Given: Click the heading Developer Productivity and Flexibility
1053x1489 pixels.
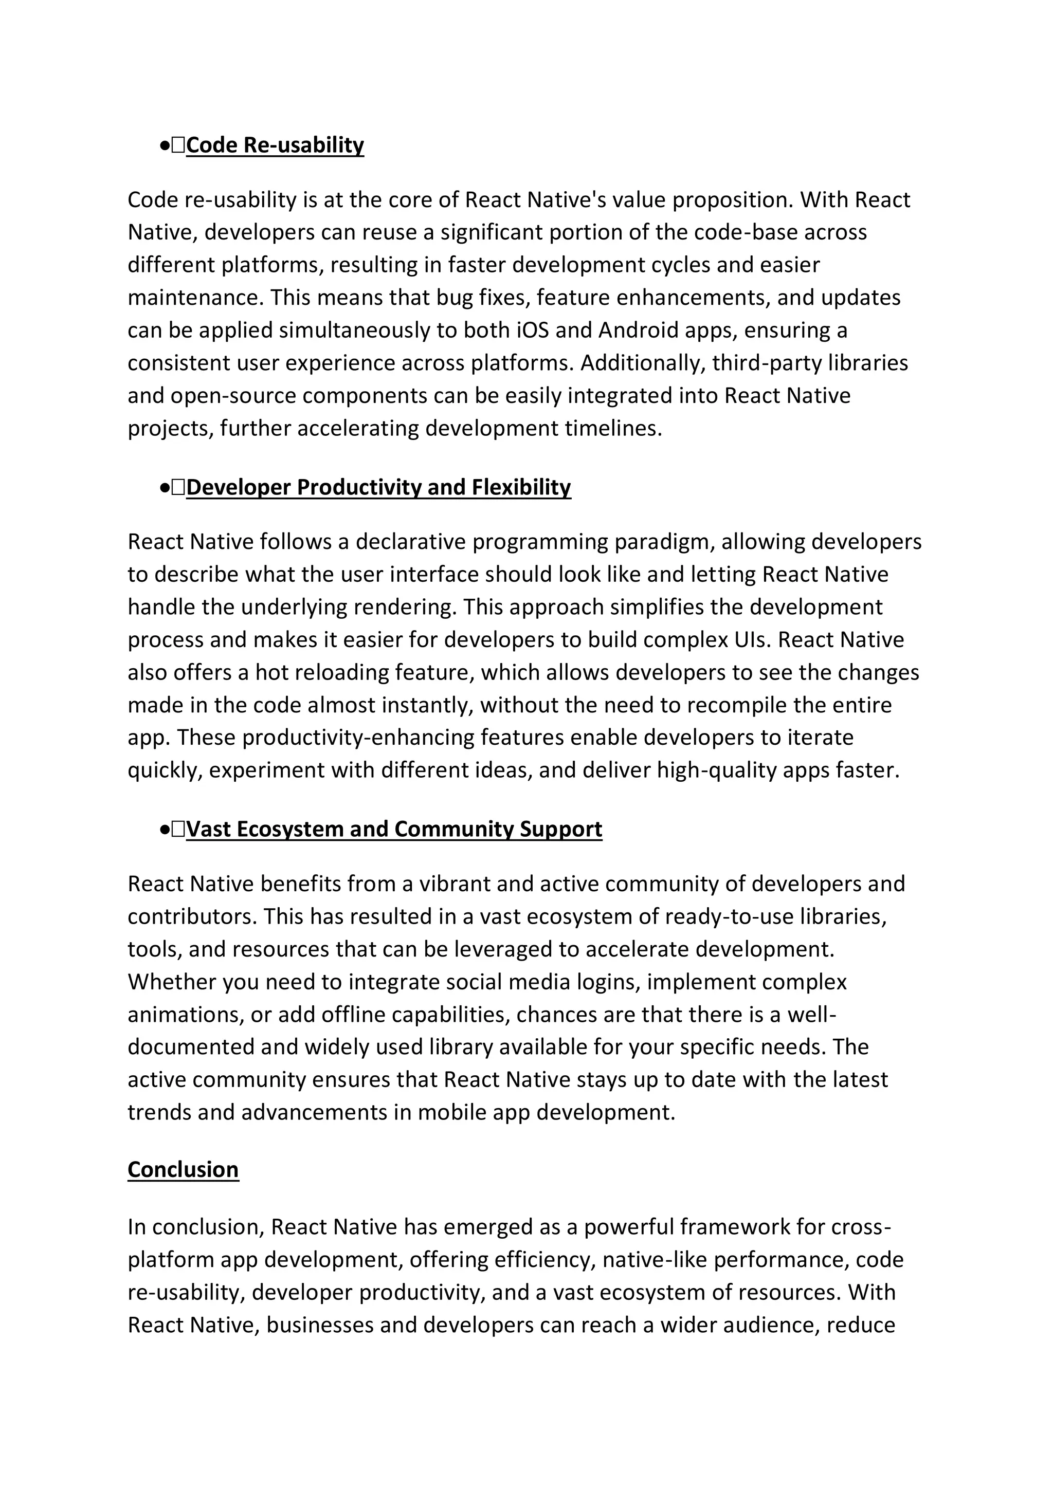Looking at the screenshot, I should (378, 487).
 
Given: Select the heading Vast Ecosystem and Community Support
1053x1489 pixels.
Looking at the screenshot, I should (394, 829).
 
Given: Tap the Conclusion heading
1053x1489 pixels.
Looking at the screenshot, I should (183, 1169).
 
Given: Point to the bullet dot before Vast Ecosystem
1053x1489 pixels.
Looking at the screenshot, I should (164, 830).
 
